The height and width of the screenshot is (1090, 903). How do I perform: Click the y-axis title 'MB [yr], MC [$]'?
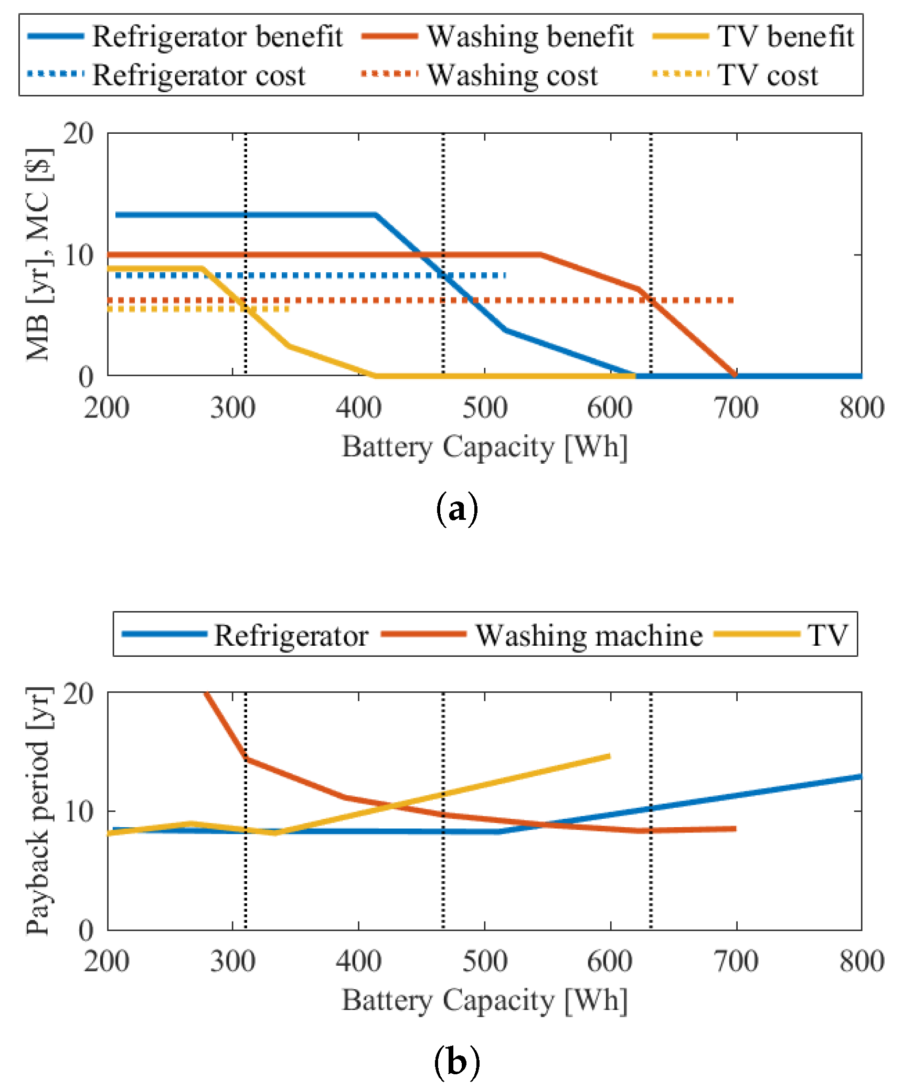click(x=39, y=255)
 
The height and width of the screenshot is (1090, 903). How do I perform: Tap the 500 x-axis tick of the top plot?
click(x=484, y=408)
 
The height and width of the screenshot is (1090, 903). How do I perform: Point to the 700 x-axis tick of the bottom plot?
click(x=736, y=961)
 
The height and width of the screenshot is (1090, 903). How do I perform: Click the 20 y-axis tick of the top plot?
click(x=78, y=134)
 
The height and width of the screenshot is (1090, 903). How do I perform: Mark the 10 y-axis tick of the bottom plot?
click(x=78, y=811)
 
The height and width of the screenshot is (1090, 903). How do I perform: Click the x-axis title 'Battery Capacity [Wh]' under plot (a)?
click(x=484, y=447)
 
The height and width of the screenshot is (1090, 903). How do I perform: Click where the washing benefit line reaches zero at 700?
click(x=735, y=375)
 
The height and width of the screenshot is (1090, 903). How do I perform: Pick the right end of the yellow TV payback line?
click(x=610, y=756)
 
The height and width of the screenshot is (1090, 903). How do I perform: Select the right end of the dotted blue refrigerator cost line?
click(x=505, y=275)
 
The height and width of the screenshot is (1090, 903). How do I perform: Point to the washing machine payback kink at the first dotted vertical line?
click(x=246, y=758)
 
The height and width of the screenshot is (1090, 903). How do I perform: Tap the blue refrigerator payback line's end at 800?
click(x=860, y=776)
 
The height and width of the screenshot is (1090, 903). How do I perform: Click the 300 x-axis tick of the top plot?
click(x=232, y=408)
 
